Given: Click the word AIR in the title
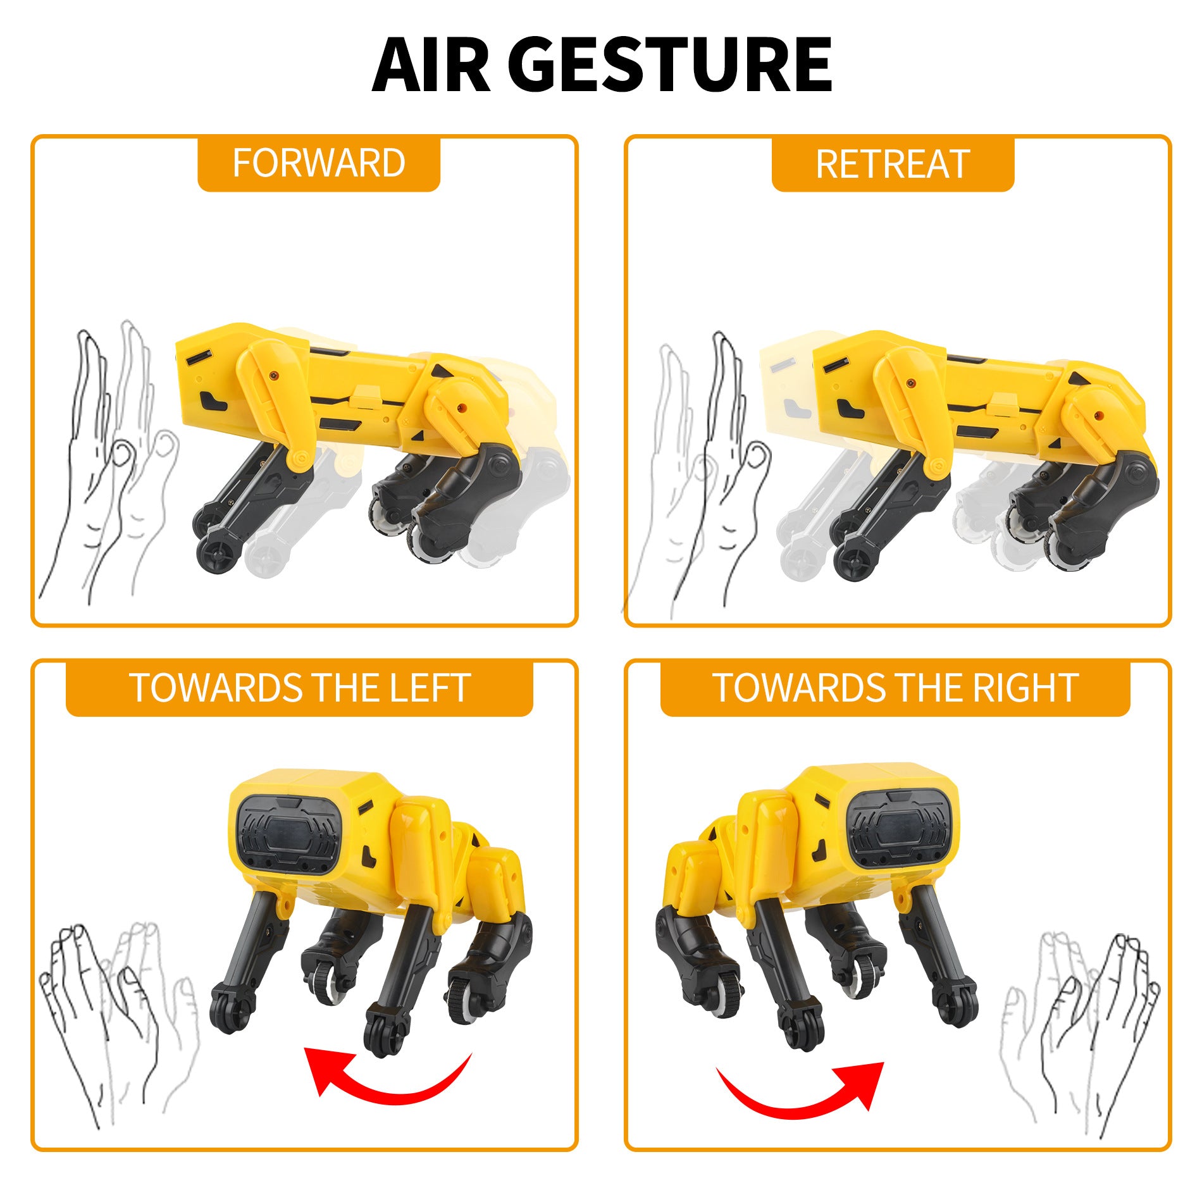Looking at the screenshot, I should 430,65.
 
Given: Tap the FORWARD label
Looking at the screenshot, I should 318,163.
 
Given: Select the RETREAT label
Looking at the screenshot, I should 892,164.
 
